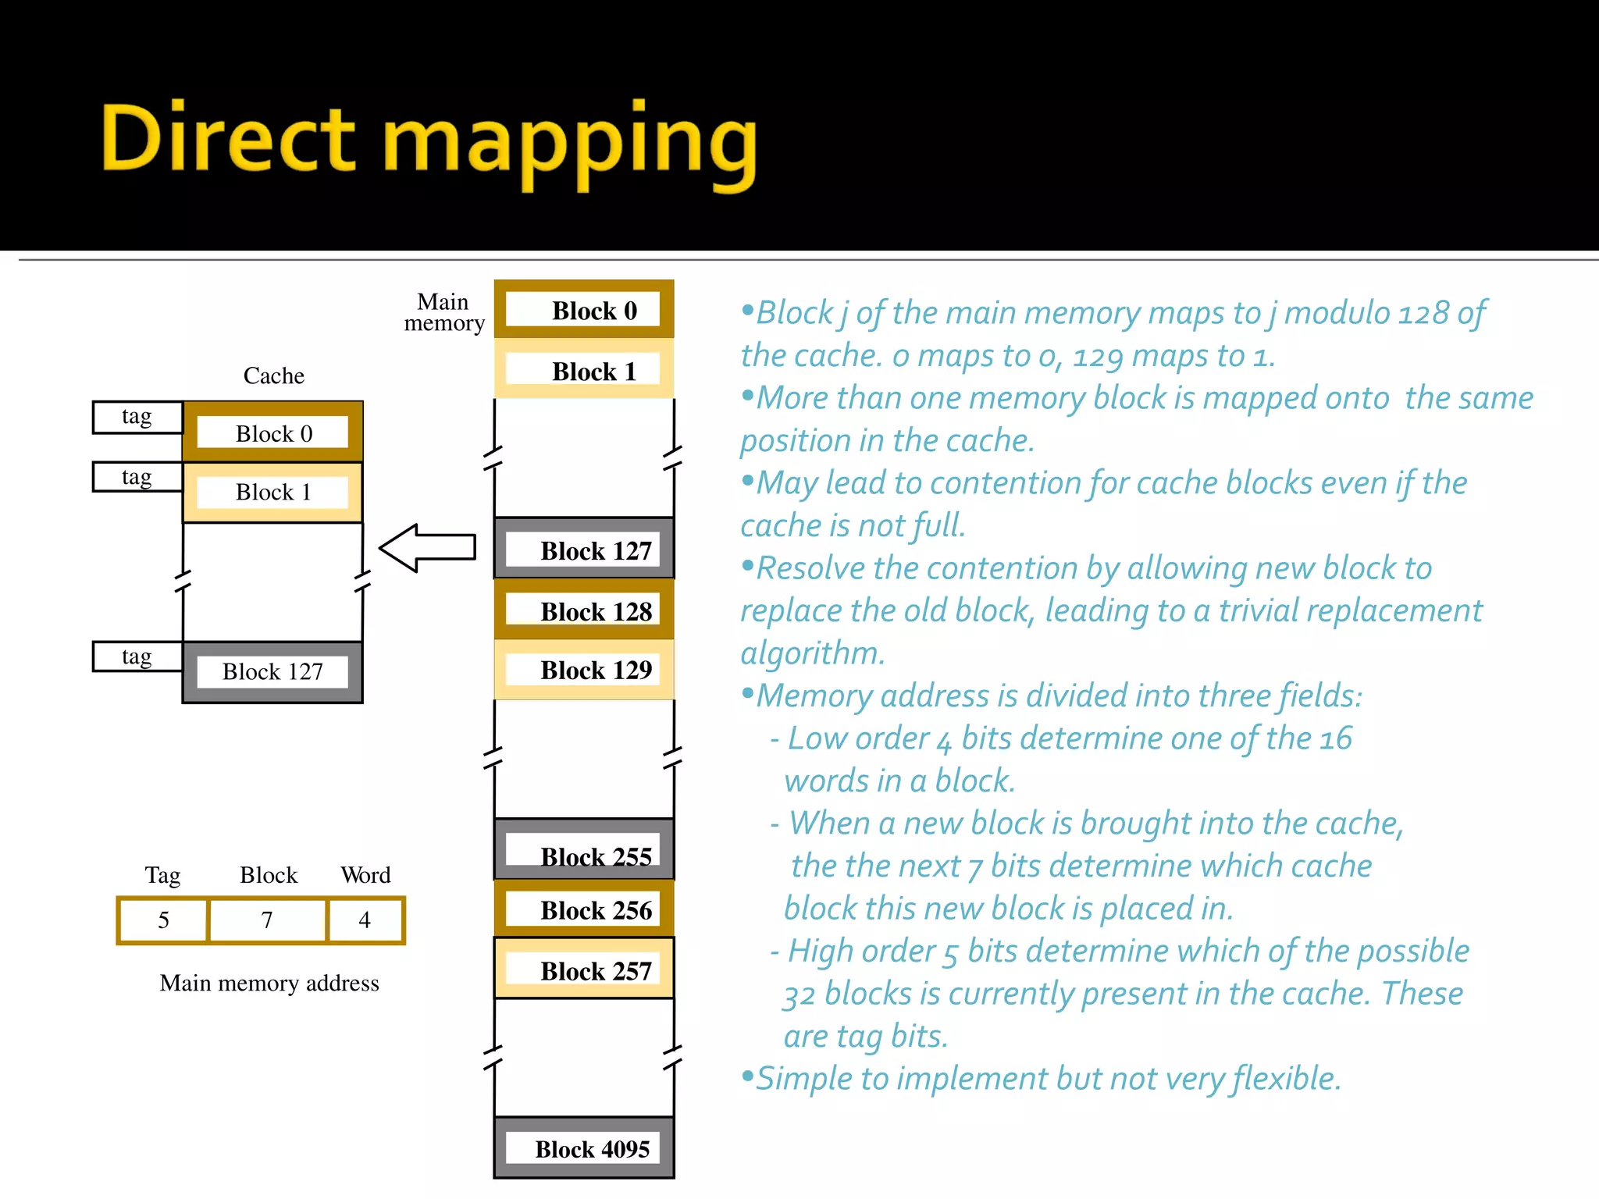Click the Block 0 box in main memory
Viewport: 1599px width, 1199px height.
coord(584,310)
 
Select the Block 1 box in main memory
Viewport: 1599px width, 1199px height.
coord(584,369)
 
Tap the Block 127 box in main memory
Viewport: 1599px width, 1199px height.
coord(584,549)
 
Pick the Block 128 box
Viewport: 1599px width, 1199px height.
coord(584,610)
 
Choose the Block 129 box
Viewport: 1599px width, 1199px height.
coord(584,670)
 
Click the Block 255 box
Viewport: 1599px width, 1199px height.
coord(584,850)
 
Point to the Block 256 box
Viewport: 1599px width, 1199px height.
coord(584,909)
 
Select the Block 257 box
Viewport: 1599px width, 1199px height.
coord(584,970)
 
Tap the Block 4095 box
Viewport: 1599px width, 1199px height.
coord(584,1148)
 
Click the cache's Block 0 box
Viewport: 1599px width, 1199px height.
coord(272,432)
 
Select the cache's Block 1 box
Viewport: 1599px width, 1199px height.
coord(272,493)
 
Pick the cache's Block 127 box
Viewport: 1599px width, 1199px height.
coord(272,672)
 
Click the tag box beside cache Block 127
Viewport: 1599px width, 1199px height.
coord(137,656)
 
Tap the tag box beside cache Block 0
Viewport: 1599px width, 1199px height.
coord(137,417)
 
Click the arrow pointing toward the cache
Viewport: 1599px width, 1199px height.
coord(427,548)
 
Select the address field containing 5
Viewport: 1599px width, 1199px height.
coord(163,920)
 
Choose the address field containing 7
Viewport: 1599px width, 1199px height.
coord(267,920)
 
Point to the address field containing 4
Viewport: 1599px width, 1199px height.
coord(365,920)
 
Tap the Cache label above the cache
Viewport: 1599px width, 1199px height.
coord(273,375)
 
